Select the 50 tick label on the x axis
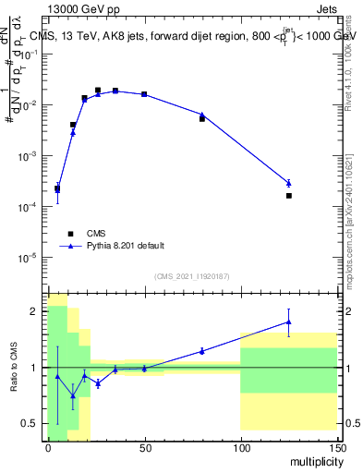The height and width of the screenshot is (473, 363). tap(144, 447)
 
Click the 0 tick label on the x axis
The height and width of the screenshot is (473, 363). tap(48, 447)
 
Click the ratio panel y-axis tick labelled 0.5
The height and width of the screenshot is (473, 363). tap(30, 423)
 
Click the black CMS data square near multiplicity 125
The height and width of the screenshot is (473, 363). tap(288, 196)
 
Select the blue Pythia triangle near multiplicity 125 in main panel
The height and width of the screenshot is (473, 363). tap(288, 183)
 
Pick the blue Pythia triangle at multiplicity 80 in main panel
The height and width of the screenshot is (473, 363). tap(202, 115)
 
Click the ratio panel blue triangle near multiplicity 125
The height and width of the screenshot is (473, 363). tap(288, 321)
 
